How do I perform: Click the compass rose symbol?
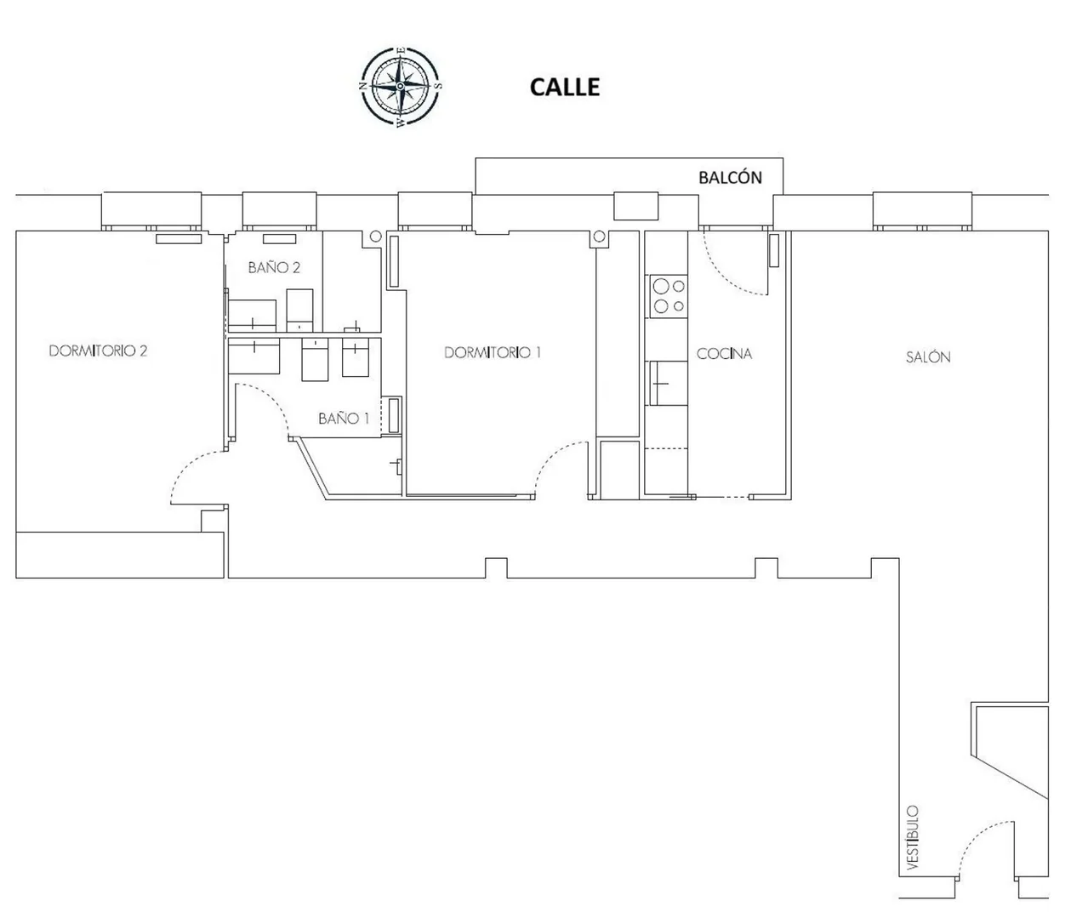[x=400, y=86]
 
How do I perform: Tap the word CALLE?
[x=564, y=87]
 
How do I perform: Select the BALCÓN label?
[x=730, y=178]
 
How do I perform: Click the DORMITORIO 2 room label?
[x=98, y=351]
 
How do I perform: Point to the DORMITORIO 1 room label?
[x=493, y=352]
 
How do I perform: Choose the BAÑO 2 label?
[x=274, y=267]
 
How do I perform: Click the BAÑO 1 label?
[x=344, y=418]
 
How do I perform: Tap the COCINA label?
[x=724, y=354]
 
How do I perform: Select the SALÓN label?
[x=928, y=356]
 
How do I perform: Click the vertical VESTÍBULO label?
[x=913, y=837]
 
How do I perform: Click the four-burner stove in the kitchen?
[x=669, y=295]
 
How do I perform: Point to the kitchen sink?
[x=669, y=383]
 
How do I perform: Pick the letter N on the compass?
[x=363, y=86]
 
